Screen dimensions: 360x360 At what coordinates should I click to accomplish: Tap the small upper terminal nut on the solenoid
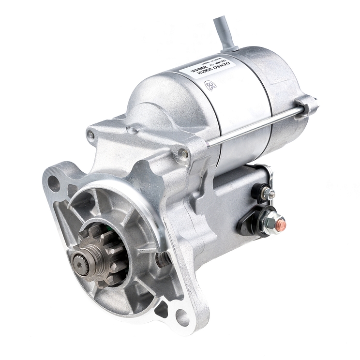click(269, 194)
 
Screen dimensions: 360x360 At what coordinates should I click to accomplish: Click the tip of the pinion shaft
click(78, 261)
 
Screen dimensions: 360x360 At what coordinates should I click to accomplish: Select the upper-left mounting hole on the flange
click(53, 183)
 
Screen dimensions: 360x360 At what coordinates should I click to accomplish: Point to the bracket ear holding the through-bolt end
click(306, 105)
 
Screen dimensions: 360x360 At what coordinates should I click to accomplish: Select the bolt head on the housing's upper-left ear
click(90, 135)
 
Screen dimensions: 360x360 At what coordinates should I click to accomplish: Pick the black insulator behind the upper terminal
click(258, 192)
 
